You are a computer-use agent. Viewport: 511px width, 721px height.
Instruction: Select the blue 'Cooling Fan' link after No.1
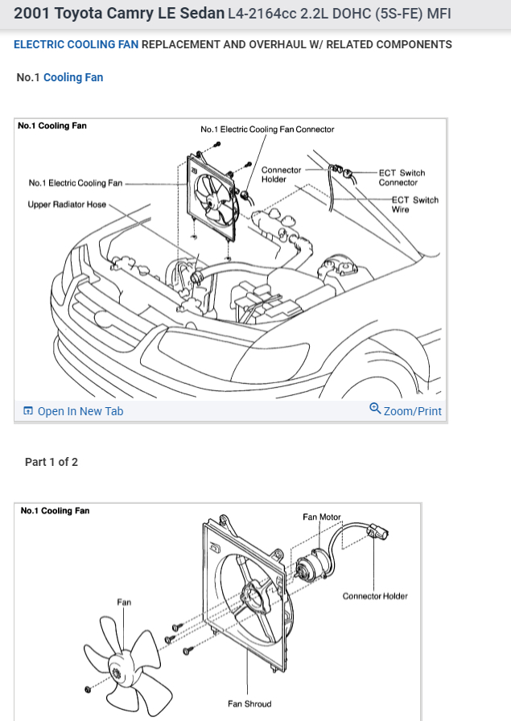point(73,77)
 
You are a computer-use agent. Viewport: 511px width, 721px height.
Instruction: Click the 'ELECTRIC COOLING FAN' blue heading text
point(76,44)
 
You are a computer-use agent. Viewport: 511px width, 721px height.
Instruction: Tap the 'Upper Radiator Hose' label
point(67,204)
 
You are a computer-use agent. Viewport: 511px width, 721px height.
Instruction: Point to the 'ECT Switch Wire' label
point(414,204)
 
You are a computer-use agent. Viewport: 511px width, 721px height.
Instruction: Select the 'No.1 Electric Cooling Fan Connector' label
point(267,129)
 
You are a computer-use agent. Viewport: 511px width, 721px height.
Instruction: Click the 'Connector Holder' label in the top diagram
point(281,175)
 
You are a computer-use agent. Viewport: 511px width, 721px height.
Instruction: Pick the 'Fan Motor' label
point(322,517)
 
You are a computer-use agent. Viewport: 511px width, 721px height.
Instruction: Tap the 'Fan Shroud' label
point(249,704)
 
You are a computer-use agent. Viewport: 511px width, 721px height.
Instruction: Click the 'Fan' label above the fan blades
point(124,602)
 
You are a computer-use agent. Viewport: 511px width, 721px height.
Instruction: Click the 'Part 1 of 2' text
point(52,462)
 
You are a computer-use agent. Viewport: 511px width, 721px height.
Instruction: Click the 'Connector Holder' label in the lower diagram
point(375,596)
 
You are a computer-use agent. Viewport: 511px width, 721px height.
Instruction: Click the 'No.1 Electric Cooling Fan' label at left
point(76,183)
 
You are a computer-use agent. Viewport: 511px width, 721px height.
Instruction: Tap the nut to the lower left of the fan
point(86,690)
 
